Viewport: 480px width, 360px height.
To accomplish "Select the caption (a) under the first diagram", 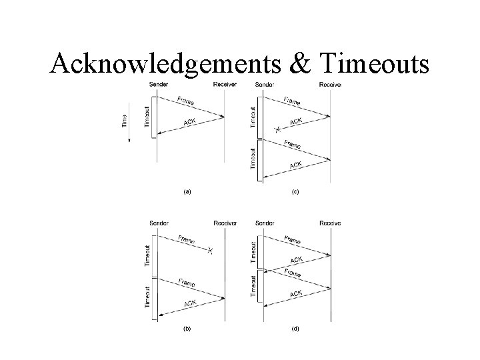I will (x=188, y=191).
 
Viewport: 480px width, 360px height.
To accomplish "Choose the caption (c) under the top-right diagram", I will (x=295, y=191).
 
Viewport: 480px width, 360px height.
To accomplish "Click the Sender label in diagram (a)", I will (x=158, y=85).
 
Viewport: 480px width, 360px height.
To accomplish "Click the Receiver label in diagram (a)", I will (x=224, y=85).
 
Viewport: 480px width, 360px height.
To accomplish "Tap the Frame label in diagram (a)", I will (x=187, y=101).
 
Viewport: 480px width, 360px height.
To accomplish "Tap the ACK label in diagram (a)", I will (x=190, y=123).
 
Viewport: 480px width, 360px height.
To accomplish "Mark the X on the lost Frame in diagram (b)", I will (x=210, y=251).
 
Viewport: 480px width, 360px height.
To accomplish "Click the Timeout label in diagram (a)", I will (x=147, y=116).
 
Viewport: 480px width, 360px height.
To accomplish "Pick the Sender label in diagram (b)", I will (x=159, y=223).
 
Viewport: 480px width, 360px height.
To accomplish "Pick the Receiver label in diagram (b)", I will (x=225, y=223).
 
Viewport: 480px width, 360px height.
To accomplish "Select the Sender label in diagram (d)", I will (x=265, y=223).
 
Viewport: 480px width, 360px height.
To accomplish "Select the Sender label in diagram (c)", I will (x=265, y=85).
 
